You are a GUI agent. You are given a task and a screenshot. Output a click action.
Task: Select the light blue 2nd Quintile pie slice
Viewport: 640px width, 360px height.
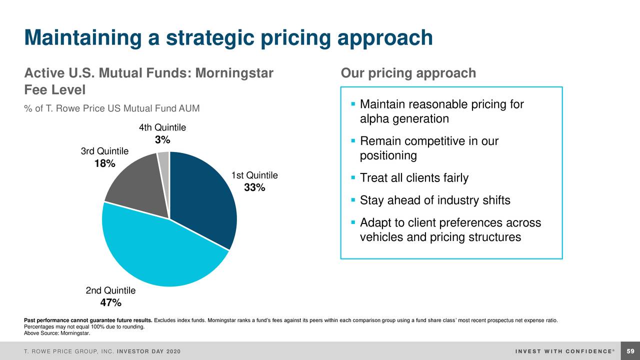[160, 250]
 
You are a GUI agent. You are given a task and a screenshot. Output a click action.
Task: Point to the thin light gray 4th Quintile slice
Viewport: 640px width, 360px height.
[164, 159]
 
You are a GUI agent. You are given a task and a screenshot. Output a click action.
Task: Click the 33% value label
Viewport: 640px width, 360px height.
[254, 188]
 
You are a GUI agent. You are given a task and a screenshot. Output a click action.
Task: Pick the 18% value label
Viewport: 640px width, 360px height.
[105, 163]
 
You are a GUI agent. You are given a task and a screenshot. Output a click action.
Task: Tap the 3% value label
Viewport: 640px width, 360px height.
[162, 140]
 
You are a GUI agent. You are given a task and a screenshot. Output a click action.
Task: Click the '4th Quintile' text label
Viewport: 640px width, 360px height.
[162, 127]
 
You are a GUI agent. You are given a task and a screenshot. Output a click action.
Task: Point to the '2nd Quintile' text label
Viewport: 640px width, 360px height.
[110, 290]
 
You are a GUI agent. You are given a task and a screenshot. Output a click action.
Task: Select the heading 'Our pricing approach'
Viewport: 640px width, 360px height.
[408, 73]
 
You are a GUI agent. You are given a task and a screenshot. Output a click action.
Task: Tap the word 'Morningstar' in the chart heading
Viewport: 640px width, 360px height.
[234, 73]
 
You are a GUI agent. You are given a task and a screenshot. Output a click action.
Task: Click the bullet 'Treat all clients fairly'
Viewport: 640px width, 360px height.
[414, 178]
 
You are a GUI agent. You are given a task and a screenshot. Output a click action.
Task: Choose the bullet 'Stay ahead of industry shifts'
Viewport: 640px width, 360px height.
[435, 200]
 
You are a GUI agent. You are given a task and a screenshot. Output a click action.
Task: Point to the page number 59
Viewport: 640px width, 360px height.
[630, 351]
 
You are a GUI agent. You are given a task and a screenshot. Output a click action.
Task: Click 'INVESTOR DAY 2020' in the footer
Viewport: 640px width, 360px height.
[148, 351]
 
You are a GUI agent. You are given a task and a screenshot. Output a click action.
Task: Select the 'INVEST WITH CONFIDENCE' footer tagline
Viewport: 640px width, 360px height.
[564, 351]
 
